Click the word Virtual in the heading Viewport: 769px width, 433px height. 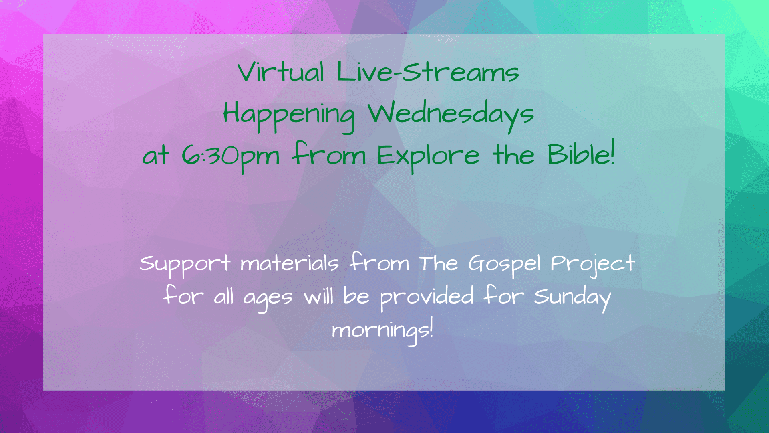click(x=281, y=72)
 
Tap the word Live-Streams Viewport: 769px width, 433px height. click(x=428, y=72)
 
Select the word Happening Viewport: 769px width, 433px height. click(x=289, y=116)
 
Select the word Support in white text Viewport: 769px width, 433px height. click(x=185, y=265)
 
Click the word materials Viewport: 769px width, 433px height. click(x=290, y=264)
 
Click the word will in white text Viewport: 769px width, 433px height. click(x=318, y=297)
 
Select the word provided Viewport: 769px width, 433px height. click(x=427, y=298)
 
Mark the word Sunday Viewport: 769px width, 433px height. click(x=572, y=298)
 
